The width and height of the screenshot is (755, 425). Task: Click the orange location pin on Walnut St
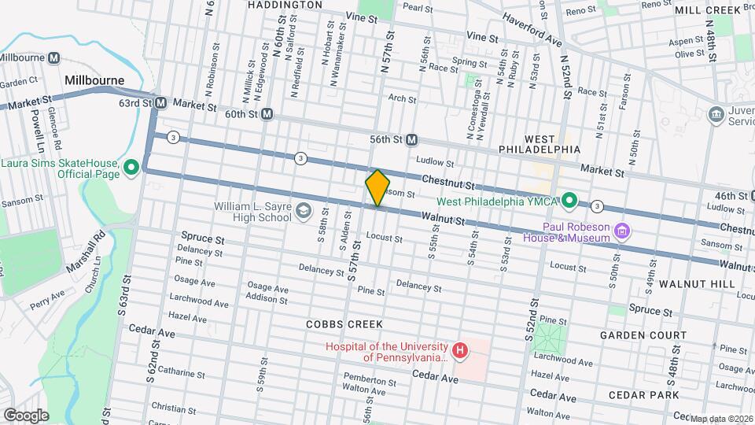[x=377, y=188]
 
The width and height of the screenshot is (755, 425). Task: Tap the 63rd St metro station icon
[x=160, y=103]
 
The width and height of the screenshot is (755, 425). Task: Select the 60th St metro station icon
[x=267, y=115]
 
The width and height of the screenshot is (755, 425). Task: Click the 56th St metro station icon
[x=411, y=139]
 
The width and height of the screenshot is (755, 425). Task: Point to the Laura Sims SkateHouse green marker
[x=131, y=167]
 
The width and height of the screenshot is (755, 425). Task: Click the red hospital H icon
[x=460, y=349]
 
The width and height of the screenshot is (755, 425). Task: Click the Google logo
[x=26, y=414]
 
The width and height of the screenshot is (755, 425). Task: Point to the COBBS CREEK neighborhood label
[x=344, y=324]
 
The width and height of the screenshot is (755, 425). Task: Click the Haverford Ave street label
[x=532, y=29]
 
